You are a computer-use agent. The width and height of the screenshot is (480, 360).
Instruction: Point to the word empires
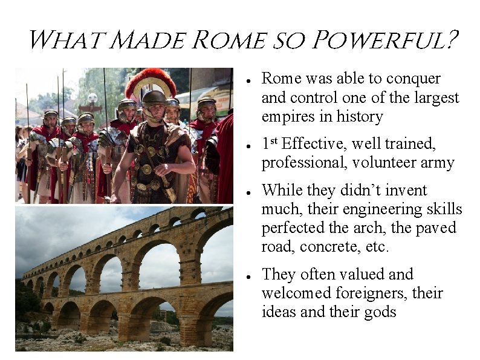pos(285,117)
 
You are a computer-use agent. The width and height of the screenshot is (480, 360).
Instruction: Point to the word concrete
pos(351,247)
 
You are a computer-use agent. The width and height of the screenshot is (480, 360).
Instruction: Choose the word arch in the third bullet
pos(375,229)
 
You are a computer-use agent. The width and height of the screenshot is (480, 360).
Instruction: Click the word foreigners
pos(380,293)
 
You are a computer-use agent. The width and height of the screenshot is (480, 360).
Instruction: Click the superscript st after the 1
pos(273,141)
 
